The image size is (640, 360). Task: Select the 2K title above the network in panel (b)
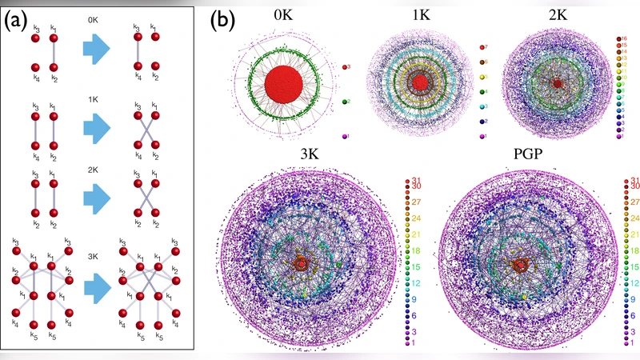[x=556, y=14]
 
